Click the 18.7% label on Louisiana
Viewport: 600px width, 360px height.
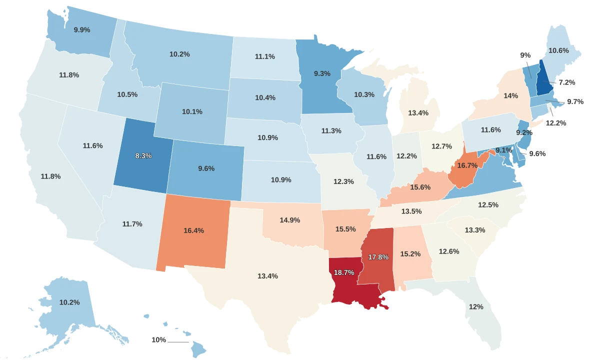pyautogui.click(x=344, y=272)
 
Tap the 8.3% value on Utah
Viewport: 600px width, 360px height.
pyautogui.click(x=143, y=155)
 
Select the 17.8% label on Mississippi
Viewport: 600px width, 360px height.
pyautogui.click(x=378, y=257)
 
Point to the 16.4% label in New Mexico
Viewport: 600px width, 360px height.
pyautogui.click(x=193, y=230)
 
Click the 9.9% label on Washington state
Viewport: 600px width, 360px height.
pyautogui.click(x=82, y=30)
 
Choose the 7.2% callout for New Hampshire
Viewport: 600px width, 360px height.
pyautogui.click(x=566, y=82)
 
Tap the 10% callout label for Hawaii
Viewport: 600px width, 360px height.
pyautogui.click(x=158, y=340)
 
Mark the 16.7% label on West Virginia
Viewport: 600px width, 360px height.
pyautogui.click(x=467, y=165)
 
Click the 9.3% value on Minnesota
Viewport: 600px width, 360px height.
pyautogui.click(x=322, y=73)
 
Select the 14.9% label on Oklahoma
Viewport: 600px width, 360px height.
pyautogui.click(x=289, y=220)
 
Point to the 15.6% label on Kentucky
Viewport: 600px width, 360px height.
pyautogui.click(x=420, y=187)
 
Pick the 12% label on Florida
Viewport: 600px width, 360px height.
pyautogui.click(x=476, y=306)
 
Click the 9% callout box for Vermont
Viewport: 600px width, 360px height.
pyautogui.click(x=525, y=55)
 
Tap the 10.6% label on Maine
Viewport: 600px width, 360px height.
pyautogui.click(x=558, y=50)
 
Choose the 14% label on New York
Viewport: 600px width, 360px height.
pyautogui.click(x=510, y=96)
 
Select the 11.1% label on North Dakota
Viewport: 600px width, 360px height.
pyautogui.click(x=264, y=56)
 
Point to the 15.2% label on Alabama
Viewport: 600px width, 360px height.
pyautogui.click(x=410, y=254)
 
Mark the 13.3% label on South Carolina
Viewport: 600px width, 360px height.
pyautogui.click(x=474, y=230)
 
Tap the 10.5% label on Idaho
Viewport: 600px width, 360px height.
pyautogui.click(x=127, y=94)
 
